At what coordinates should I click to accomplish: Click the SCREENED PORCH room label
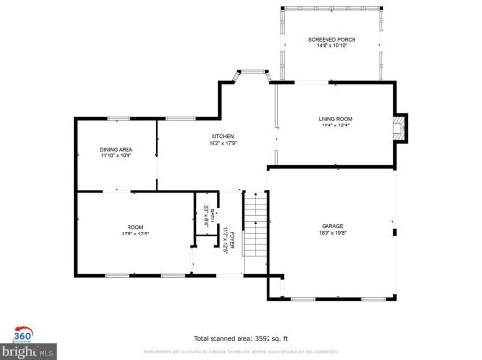331,39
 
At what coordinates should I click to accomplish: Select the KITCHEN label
222,137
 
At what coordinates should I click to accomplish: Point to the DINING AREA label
116,148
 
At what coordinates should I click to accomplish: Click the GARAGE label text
332,227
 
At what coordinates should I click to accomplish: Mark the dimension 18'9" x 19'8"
332,234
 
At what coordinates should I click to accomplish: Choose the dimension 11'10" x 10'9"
116,154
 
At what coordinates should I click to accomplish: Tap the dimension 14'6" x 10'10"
331,45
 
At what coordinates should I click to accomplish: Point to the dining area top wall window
119,119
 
